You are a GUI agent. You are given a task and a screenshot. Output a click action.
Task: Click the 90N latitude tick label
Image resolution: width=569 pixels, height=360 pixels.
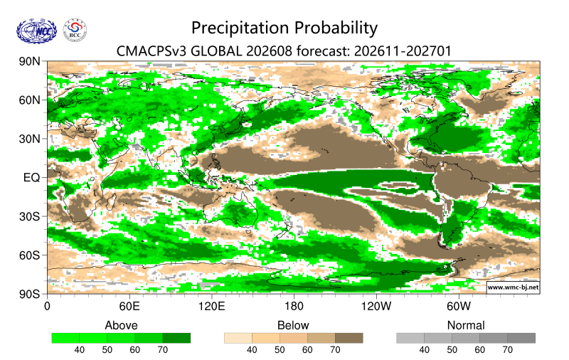pyautogui.click(x=29, y=61)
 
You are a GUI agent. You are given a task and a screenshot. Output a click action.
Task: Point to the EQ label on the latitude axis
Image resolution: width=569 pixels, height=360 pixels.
pyautogui.click(x=31, y=178)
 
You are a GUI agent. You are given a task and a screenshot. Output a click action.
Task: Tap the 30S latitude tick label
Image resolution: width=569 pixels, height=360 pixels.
pyautogui.click(x=29, y=217)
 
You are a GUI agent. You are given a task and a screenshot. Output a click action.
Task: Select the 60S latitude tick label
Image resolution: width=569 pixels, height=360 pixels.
pyautogui.click(x=29, y=255)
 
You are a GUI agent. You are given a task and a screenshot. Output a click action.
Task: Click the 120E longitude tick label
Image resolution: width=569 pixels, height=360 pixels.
pyautogui.click(x=211, y=307)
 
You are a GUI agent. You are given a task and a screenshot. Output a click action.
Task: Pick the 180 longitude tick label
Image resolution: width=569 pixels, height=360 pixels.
pyautogui.click(x=294, y=307)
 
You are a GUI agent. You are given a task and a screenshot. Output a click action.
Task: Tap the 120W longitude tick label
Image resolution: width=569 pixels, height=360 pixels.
pyautogui.click(x=376, y=307)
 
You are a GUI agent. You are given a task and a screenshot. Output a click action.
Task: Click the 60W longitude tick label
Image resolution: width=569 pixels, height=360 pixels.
pyautogui.click(x=459, y=307)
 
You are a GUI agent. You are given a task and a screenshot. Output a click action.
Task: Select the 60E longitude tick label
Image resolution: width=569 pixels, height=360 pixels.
pyautogui.click(x=129, y=307)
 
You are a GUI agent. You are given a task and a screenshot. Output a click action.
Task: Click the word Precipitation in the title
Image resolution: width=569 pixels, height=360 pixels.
pyautogui.click(x=241, y=28)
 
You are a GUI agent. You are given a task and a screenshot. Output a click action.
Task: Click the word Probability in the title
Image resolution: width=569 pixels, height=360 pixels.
pyautogui.click(x=336, y=28)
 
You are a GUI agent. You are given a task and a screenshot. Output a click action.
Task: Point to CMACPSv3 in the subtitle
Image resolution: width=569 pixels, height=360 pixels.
pyautogui.click(x=151, y=51)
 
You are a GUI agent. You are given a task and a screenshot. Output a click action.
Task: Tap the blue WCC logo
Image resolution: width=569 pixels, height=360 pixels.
pyautogui.click(x=36, y=31)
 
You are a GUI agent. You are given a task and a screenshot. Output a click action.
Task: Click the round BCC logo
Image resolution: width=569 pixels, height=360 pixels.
pyautogui.click(x=75, y=30)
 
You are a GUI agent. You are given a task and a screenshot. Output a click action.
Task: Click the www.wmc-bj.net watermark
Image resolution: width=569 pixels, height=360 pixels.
pyautogui.click(x=513, y=287)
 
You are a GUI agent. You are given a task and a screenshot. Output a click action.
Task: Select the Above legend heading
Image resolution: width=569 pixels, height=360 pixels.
pyautogui.click(x=121, y=325)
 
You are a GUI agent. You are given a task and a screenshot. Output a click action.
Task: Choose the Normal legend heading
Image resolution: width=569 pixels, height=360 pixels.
pyautogui.click(x=466, y=325)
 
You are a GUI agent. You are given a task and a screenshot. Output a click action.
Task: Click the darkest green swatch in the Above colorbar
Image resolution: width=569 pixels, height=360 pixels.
pyautogui.click(x=176, y=338)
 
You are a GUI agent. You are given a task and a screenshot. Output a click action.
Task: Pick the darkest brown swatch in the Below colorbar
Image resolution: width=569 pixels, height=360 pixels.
pyautogui.click(x=349, y=338)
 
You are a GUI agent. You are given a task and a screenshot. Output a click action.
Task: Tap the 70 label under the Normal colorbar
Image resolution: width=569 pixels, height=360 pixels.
pyautogui.click(x=507, y=350)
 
